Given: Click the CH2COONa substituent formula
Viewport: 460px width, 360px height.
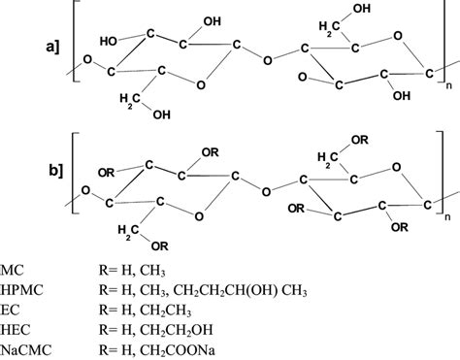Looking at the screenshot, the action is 210,349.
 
